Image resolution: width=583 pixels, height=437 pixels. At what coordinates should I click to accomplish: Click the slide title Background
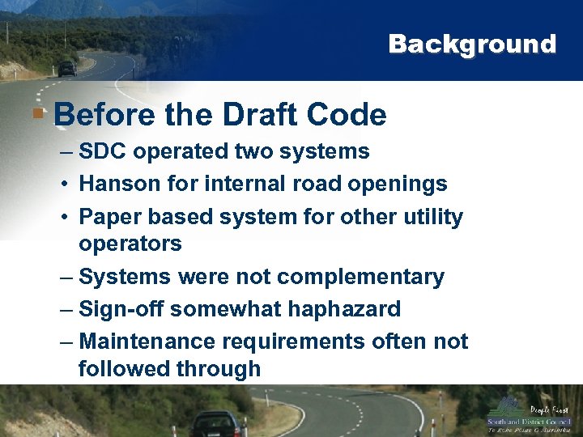[472, 44]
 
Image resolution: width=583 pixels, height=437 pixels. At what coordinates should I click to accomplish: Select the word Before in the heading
[104, 115]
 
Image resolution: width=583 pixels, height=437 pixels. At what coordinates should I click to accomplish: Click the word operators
[130, 244]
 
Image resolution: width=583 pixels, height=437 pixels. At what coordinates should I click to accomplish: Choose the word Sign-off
[122, 309]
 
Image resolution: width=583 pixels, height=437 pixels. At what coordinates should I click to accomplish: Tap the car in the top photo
[66, 69]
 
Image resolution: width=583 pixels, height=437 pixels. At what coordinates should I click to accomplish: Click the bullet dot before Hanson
[63, 185]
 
